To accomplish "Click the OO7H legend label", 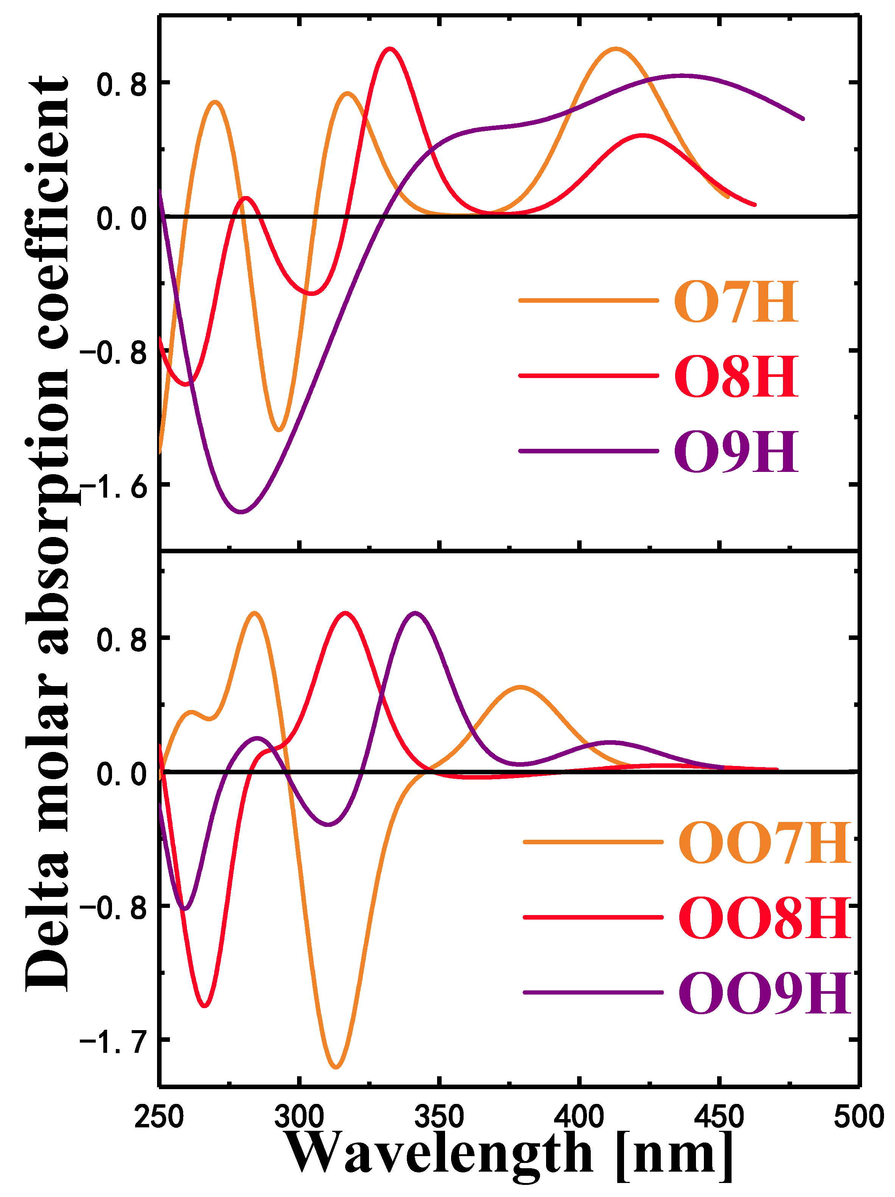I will coord(764,843).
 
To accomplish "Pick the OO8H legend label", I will coord(764,918).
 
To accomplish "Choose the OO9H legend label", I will coord(764,993).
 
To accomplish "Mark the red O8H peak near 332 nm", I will coord(389,49).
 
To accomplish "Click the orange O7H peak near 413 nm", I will coord(615,49).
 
